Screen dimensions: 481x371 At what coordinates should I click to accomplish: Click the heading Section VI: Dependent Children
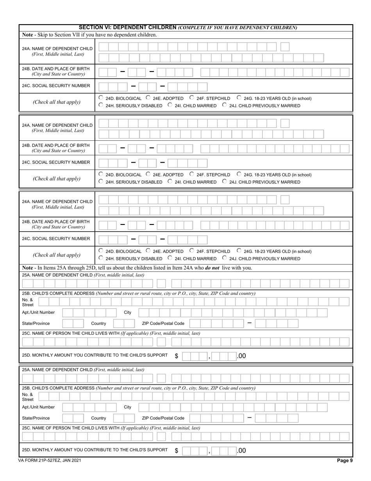(128, 27)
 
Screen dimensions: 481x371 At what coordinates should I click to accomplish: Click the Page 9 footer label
(345, 460)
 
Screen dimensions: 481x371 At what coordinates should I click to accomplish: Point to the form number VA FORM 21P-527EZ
(50, 461)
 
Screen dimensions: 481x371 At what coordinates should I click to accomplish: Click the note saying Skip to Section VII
(90, 35)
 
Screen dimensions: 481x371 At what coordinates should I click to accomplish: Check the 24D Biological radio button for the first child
(101, 98)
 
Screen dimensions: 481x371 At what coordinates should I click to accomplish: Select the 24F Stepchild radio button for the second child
(192, 174)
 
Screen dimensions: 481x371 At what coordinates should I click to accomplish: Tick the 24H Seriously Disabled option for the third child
(101, 258)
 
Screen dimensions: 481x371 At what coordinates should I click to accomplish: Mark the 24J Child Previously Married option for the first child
(225, 105)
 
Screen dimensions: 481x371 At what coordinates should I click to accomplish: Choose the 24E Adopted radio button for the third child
(148, 251)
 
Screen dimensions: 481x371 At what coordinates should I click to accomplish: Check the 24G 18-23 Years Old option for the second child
(239, 174)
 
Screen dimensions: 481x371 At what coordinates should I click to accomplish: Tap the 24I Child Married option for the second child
(170, 181)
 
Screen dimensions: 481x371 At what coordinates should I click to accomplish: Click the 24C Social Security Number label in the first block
(56, 86)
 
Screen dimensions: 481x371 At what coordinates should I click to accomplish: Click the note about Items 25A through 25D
(137, 268)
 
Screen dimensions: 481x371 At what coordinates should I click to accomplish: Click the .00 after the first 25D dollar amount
(241, 356)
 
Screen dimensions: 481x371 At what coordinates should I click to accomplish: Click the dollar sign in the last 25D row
(177, 451)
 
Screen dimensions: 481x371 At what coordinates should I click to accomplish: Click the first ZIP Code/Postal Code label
(163, 323)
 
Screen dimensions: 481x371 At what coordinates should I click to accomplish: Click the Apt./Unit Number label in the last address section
(38, 407)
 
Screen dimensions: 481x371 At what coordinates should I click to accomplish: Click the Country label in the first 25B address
(98, 323)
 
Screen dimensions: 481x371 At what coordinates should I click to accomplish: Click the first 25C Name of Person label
(111, 333)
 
